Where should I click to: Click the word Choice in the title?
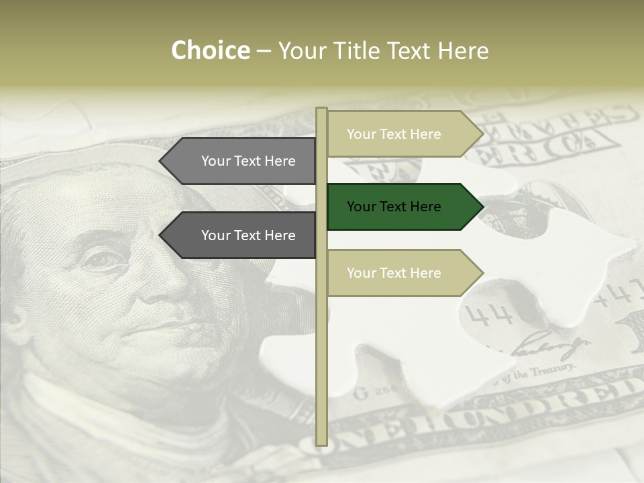[210, 51]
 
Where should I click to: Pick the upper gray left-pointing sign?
[241, 161]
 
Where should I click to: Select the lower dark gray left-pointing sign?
[241, 235]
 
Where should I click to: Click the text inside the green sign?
[394, 207]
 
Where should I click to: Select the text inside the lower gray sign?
[248, 235]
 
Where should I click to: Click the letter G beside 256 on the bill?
[360, 392]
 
